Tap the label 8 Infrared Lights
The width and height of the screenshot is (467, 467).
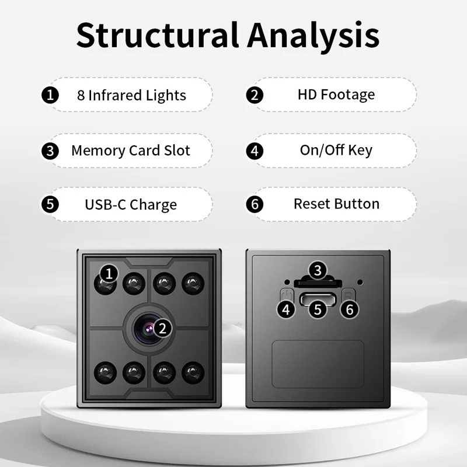(x=131, y=95)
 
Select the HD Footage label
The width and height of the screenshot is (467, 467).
(x=336, y=95)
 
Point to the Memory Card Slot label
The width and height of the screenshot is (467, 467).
(x=131, y=151)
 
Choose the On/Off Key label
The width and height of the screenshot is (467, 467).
(x=336, y=150)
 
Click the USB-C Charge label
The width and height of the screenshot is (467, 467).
(x=131, y=205)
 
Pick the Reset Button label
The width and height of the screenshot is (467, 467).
(x=337, y=204)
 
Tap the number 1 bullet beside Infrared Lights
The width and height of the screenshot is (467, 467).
(x=50, y=95)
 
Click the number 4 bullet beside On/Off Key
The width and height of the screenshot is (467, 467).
(x=255, y=151)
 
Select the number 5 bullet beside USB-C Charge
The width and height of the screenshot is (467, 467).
(x=50, y=204)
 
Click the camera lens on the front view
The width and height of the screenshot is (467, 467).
(x=149, y=329)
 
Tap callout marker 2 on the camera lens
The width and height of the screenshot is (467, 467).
(x=162, y=329)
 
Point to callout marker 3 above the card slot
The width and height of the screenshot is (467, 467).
(x=318, y=270)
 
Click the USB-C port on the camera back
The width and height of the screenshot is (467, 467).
(x=318, y=299)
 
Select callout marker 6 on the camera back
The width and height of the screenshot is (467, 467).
(x=350, y=309)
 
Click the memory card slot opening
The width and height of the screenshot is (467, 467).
(x=318, y=283)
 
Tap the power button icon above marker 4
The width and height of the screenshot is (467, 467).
(x=287, y=295)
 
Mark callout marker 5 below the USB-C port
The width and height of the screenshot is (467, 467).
(x=318, y=309)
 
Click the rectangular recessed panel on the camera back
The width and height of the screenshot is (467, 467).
(x=318, y=364)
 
